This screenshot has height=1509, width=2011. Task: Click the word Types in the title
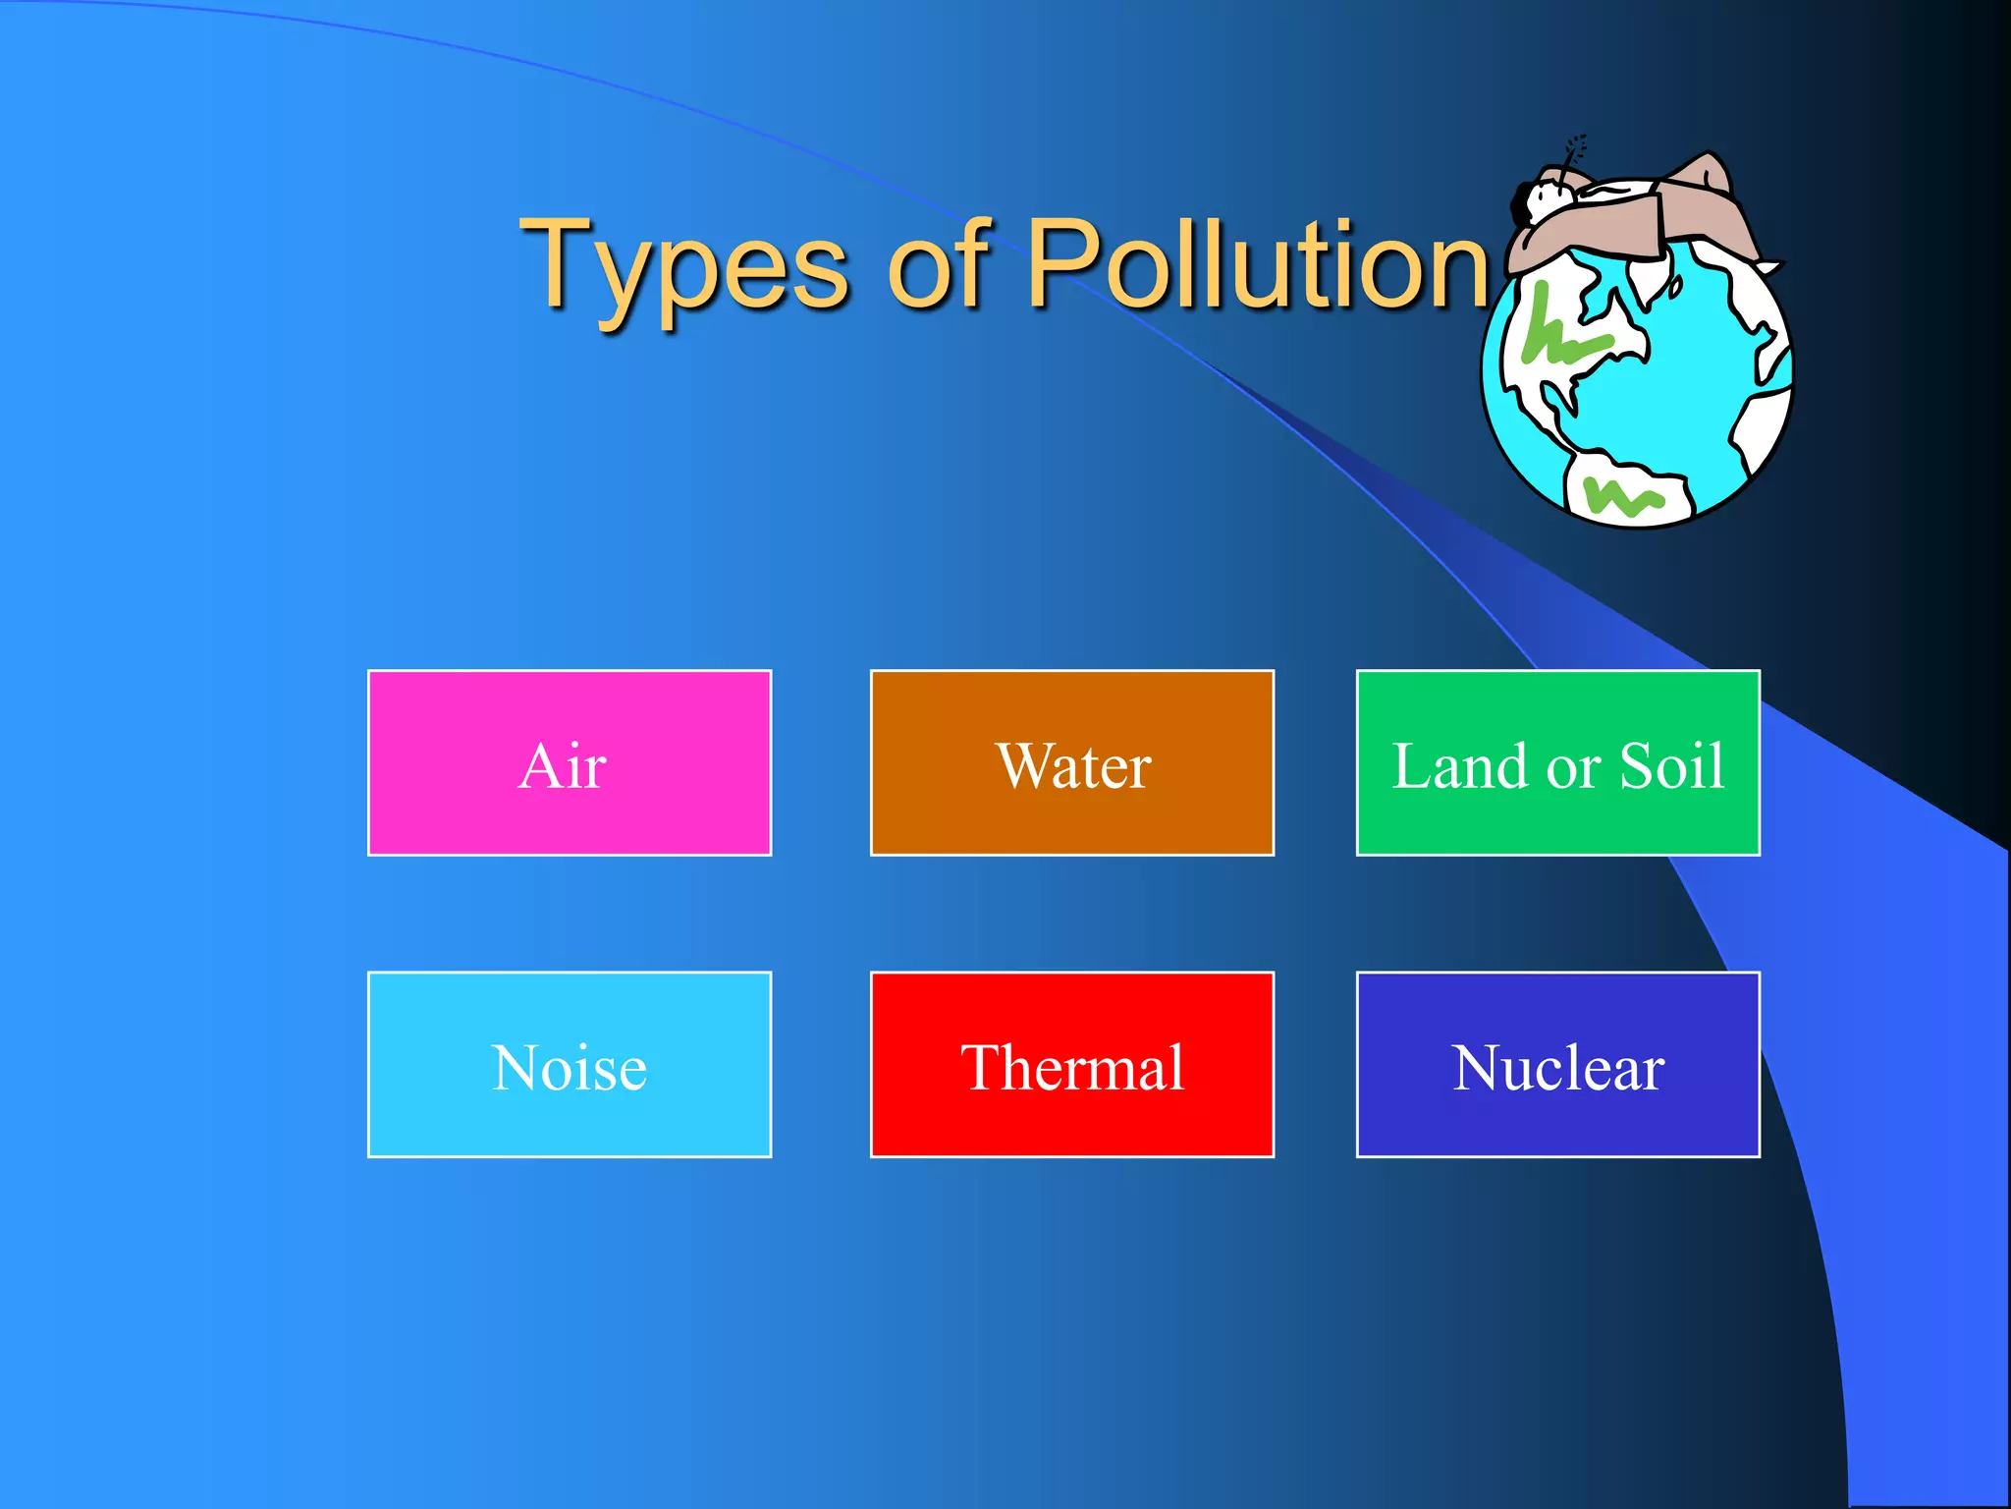tap(683, 265)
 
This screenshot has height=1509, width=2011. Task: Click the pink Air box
tap(570, 762)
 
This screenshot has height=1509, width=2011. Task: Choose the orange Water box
tap(1071, 762)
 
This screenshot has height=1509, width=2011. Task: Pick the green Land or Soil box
tap(1557, 762)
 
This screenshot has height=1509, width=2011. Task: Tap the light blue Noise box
tap(570, 1064)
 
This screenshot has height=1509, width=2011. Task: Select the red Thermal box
tap(1071, 1064)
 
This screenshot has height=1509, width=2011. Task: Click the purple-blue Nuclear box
tap(1557, 1064)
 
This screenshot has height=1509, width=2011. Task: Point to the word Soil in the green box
tap(1671, 765)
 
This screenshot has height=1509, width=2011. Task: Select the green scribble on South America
tap(1624, 496)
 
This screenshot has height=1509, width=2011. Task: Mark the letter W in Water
tap(1026, 765)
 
